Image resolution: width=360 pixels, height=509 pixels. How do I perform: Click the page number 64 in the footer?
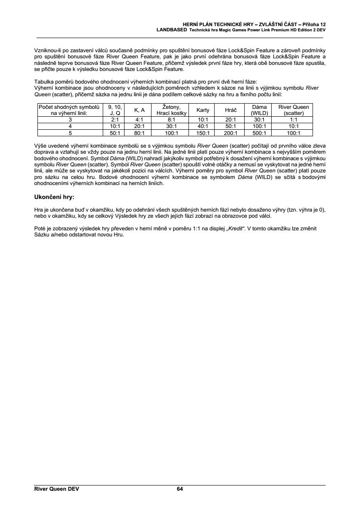click(x=180, y=489)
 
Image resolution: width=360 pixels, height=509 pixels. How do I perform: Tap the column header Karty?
click(x=203, y=110)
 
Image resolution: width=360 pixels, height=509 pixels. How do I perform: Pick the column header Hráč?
click(x=231, y=110)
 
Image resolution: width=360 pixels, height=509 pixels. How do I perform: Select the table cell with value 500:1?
click(x=259, y=133)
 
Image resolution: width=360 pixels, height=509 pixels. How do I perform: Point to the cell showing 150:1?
click(x=203, y=133)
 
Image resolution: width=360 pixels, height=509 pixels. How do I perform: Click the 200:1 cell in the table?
click(x=231, y=133)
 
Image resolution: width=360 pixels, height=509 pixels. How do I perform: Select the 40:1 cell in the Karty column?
click(x=203, y=126)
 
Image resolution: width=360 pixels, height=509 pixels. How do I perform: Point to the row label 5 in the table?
click(x=70, y=133)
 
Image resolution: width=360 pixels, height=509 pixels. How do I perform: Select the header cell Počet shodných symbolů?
click(x=70, y=107)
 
